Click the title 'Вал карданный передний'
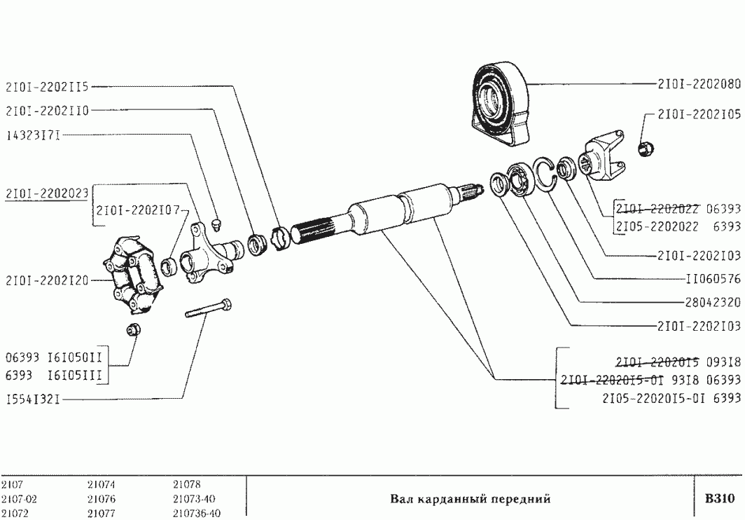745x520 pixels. point(470,499)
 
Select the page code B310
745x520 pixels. point(719,499)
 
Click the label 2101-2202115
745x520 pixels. point(47,87)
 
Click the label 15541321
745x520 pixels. point(33,399)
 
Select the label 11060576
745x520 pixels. point(712,278)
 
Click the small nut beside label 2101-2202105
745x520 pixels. point(646,148)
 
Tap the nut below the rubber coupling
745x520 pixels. point(133,330)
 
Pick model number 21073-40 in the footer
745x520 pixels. point(193,499)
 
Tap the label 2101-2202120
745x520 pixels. point(47,280)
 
